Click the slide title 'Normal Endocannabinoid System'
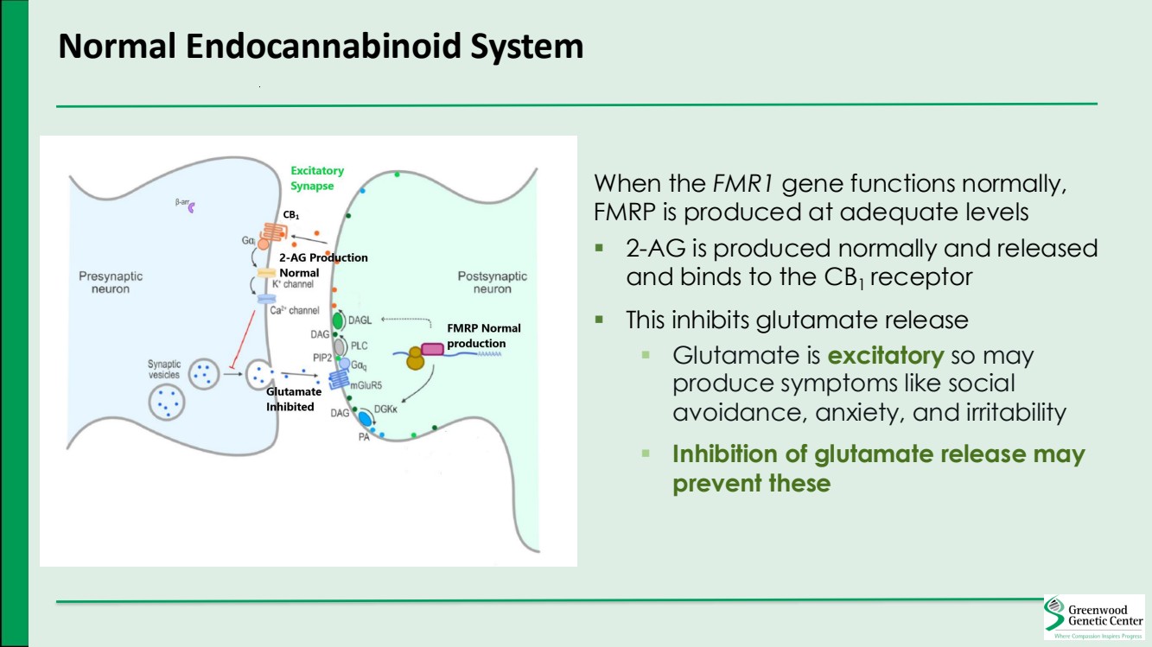tap(321, 46)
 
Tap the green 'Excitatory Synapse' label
tap(316, 178)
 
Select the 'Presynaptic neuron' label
tap(111, 282)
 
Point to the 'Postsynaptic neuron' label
tap(492, 282)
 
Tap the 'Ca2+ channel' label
tap(294, 310)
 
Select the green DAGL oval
tap(339, 320)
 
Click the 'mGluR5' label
tap(366, 386)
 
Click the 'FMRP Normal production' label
tap(484, 335)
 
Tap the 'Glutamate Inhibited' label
tap(293, 400)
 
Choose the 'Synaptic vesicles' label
tap(163, 369)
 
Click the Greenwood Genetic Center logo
tap(1094, 617)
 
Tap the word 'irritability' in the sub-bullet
tap(1011, 412)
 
